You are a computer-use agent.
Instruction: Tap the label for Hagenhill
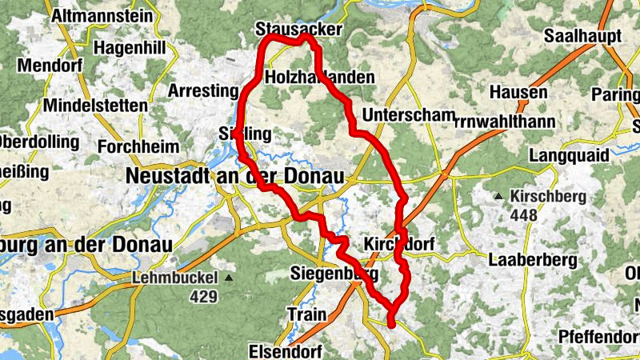click(x=130, y=47)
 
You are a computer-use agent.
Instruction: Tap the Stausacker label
click(x=298, y=30)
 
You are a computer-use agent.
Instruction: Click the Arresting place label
click(x=203, y=90)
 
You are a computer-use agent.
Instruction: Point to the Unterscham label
click(x=408, y=114)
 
